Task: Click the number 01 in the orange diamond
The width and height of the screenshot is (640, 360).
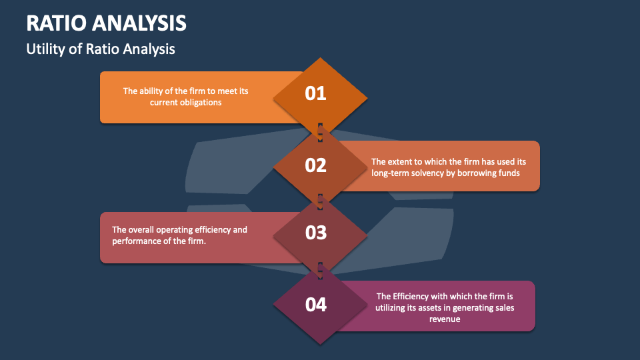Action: coord(315,93)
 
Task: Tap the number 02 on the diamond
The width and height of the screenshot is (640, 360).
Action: coord(315,165)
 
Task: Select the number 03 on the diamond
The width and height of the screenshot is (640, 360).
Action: coord(315,233)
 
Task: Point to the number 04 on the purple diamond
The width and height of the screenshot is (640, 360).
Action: coord(315,305)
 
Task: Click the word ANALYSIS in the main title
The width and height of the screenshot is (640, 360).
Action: coord(139,23)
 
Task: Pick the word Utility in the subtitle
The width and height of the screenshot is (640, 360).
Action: coord(45,49)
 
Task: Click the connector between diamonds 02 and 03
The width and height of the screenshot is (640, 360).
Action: coord(320,199)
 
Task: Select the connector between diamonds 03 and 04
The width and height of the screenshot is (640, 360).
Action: coord(320,269)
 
